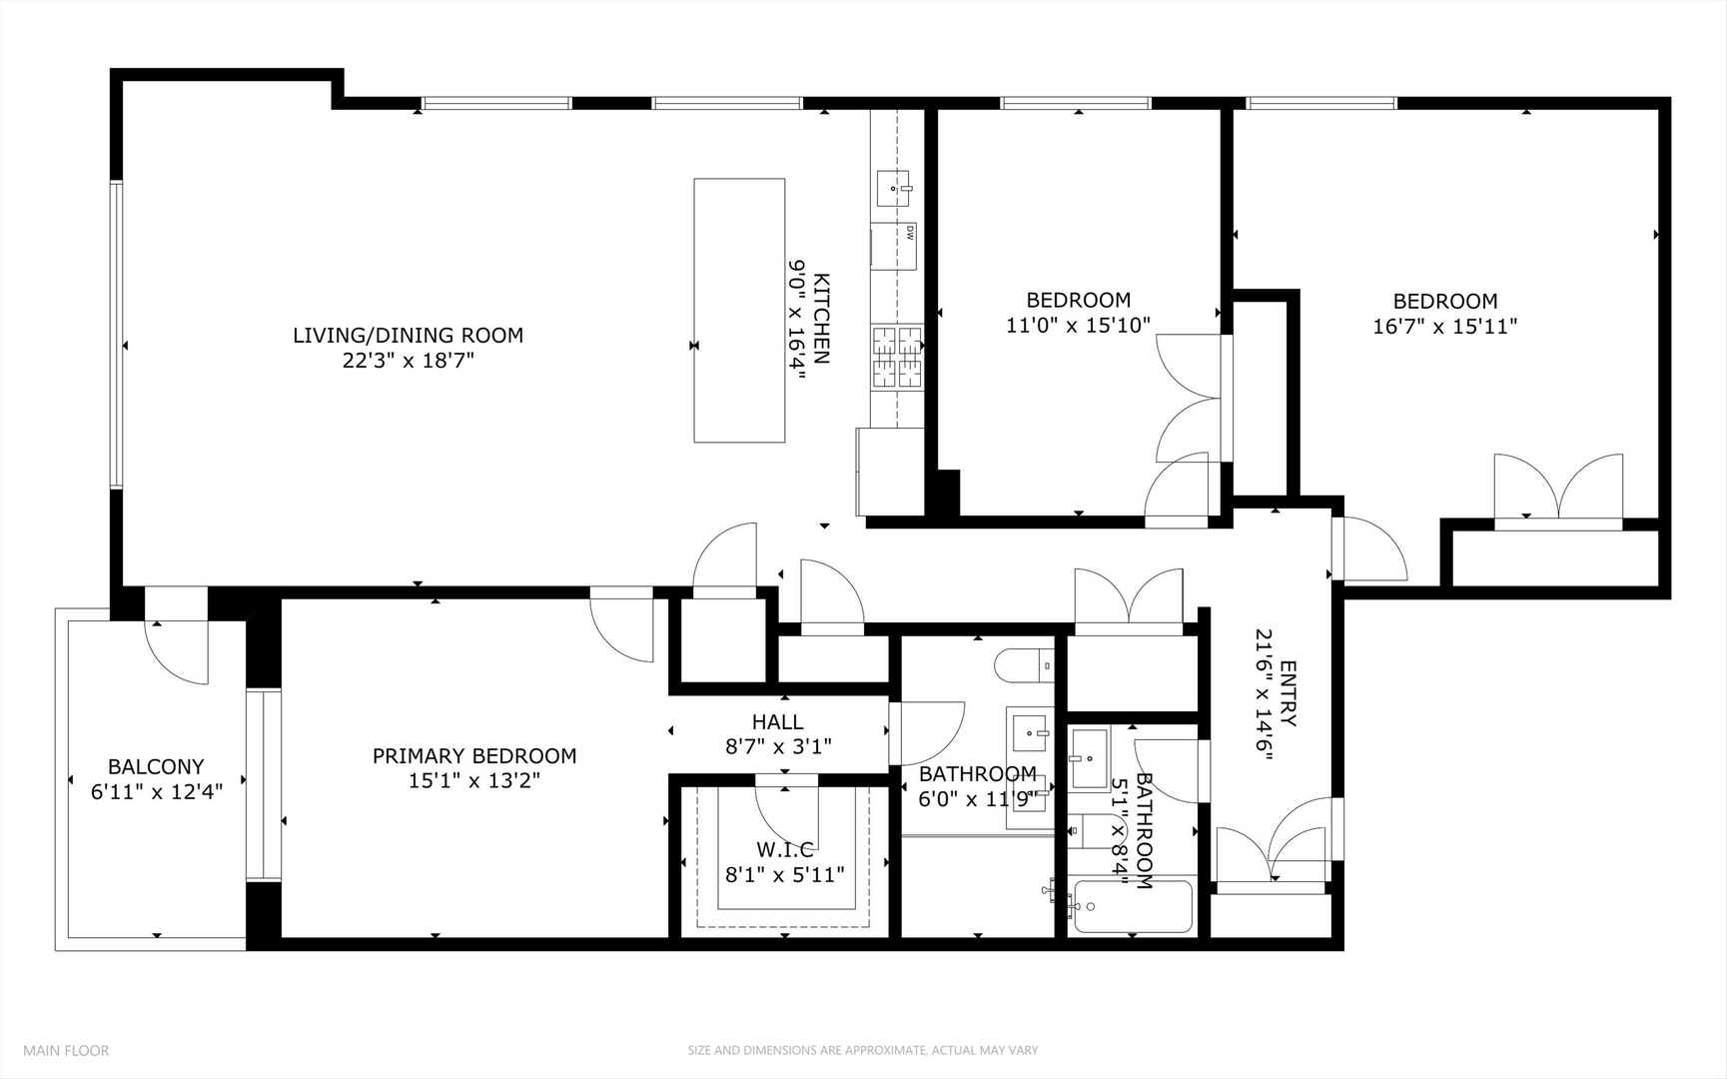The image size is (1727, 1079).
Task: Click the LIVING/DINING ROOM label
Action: [x=408, y=336]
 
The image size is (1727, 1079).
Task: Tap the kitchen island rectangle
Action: [x=739, y=310]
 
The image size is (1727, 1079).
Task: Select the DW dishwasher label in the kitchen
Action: [x=910, y=233]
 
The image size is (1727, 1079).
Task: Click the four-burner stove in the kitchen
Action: [x=898, y=357]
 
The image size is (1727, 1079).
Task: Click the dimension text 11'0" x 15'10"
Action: [x=1078, y=325]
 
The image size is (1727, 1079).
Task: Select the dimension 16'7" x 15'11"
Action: [x=1444, y=326]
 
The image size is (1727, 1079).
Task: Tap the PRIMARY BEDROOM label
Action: [x=474, y=756]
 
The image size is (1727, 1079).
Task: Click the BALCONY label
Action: [x=156, y=766]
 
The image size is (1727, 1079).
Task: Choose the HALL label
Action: [x=777, y=721]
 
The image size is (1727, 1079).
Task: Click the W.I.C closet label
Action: [x=784, y=850]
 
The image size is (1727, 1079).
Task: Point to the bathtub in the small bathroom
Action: [x=1133, y=906]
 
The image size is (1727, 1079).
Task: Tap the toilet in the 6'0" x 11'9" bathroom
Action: [x=1024, y=664]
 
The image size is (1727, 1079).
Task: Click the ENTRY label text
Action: [x=1288, y=693]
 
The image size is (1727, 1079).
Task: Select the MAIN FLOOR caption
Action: [x=66, y=1050]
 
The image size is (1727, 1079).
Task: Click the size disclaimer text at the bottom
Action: [x=862, y=1050]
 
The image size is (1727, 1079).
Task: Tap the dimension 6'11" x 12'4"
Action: [x=156, y=792]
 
